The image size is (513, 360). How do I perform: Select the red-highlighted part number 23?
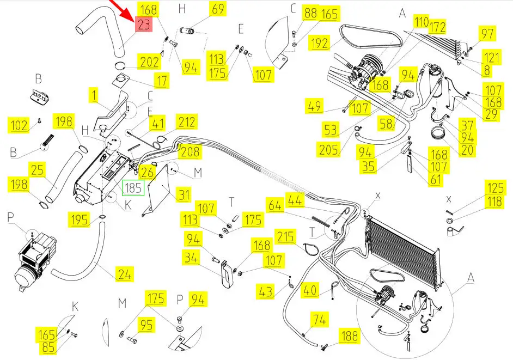click(144, 25)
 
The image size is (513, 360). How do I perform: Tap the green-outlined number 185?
click(133, 188)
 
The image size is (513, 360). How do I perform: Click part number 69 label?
click(217, 9)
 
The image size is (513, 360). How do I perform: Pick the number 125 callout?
click(495, 189)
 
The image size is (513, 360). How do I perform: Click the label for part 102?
click(19, 126)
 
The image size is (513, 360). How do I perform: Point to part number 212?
click(186, 122)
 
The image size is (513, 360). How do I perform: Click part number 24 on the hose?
click(125, 274)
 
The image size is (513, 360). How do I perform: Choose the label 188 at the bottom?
click(349, 335)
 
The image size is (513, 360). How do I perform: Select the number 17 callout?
click(162, 82)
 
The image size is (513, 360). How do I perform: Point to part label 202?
click(149, 62)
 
